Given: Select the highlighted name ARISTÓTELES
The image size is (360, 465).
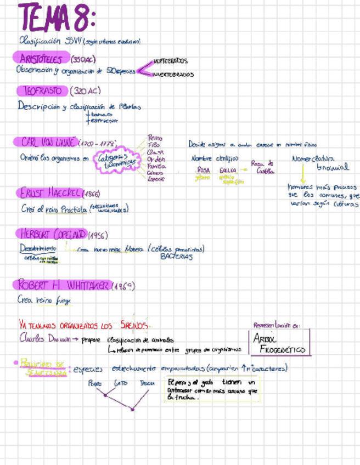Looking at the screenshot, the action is [41, 59].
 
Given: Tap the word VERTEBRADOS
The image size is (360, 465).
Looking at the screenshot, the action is [171, 61].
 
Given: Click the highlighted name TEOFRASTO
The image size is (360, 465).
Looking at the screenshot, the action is [44, 90].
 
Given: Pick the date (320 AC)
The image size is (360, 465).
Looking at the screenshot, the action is [86, 90].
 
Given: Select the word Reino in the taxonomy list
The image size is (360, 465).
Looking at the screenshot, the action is [155, 138].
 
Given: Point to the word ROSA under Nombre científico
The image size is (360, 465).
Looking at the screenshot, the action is [203, 170].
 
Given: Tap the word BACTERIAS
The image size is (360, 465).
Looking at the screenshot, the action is [177, 257].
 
